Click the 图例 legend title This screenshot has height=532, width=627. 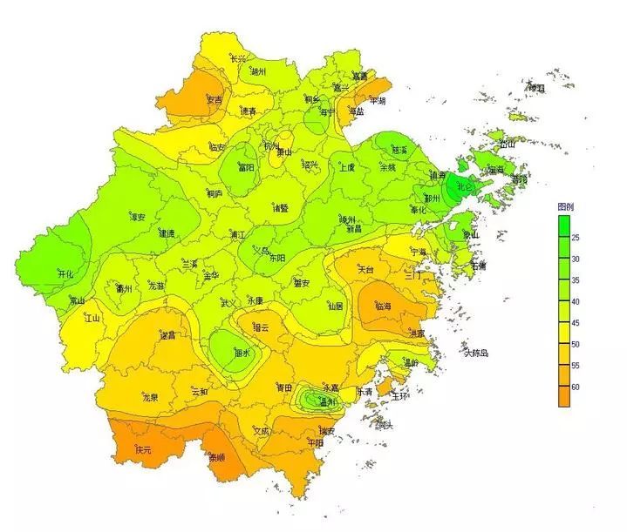568,207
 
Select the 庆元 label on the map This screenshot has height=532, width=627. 143,450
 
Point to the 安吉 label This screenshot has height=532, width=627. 215,99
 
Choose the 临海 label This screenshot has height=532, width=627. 384,306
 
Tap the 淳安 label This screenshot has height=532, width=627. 137,217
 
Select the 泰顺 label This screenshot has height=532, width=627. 217,456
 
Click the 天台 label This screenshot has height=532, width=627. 365,270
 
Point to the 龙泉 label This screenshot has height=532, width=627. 150,397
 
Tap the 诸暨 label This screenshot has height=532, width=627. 280,208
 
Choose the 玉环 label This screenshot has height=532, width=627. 400,395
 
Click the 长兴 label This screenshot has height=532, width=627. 239,59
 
